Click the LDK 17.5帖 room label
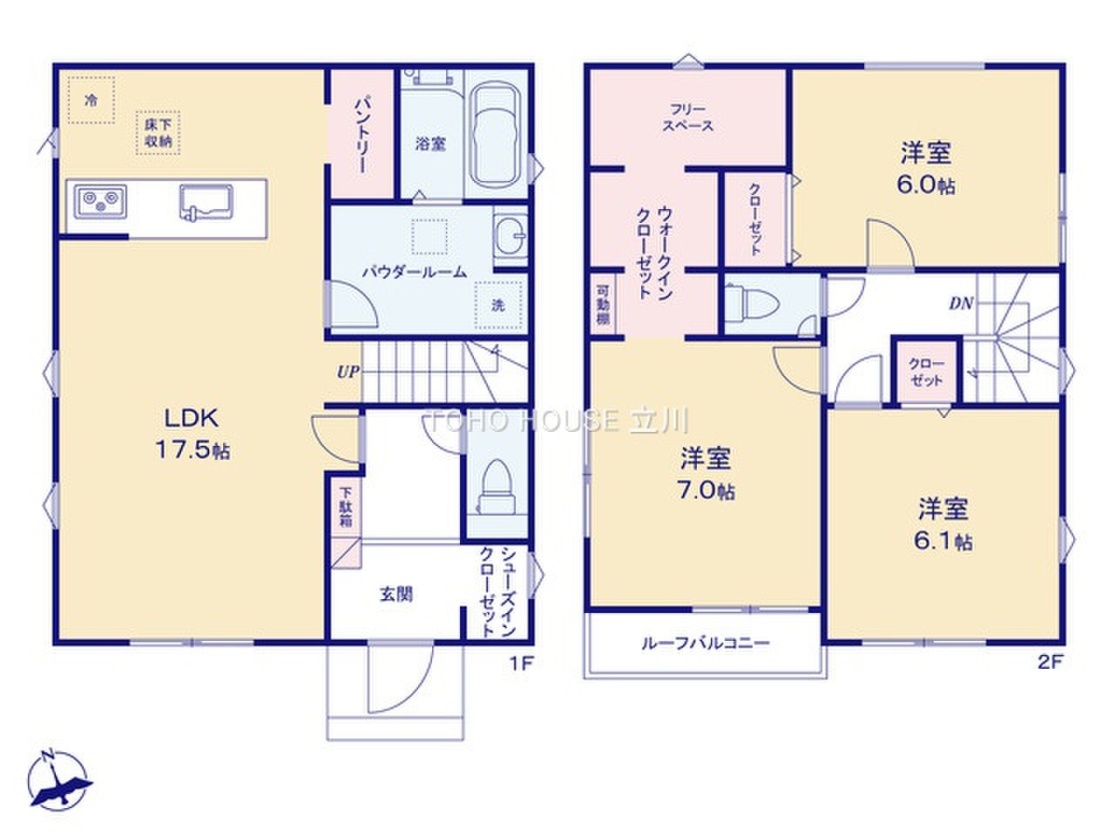pos(192,434)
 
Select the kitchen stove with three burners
pos(100,201)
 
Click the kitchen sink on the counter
pos(206,201)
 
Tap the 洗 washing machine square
pos(498,305)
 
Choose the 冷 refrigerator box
pos(91,100)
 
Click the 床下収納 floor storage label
pos(159,133)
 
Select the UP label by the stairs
pos(348,372)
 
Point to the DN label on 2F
pos(961,304)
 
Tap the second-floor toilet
pos(752,303)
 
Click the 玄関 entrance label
pos(396,594)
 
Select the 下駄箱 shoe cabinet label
pos(346,507)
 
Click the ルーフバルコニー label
pos(706,644)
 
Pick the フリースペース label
pos(688,118)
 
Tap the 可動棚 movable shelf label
pos(603,305)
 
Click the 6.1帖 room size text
pos(943,541)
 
